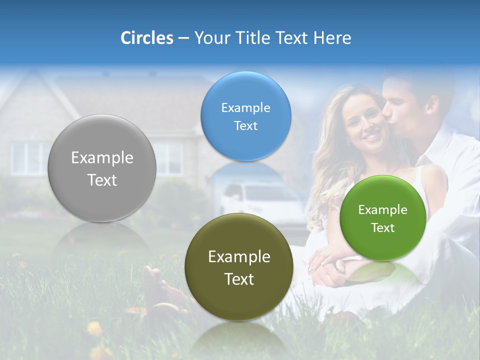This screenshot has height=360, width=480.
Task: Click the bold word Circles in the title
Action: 146,38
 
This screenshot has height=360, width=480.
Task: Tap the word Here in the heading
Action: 332,38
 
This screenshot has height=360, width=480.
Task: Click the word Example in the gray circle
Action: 102,158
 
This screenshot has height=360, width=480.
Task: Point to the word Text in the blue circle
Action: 245,126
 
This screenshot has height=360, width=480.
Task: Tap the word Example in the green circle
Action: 383,210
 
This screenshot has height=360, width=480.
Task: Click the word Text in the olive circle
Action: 239,279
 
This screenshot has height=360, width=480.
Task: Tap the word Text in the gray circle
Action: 102,180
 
